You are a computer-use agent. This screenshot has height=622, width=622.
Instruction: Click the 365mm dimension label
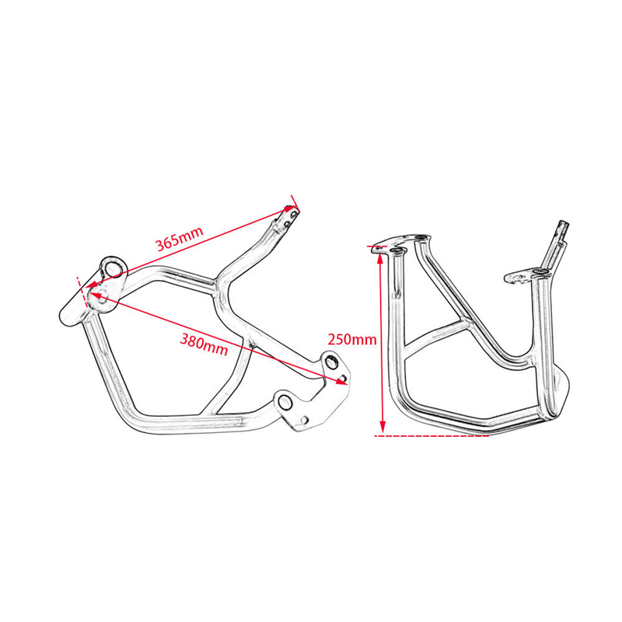(180, 239)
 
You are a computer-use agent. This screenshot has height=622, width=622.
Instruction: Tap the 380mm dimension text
(204, 344)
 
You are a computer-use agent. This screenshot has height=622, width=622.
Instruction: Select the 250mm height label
(352, 340)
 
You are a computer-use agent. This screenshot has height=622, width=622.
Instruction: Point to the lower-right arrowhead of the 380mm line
(341, 381)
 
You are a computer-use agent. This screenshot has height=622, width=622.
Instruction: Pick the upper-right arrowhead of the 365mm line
(290, 208)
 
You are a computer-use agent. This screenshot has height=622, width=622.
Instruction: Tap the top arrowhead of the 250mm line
(380, 258)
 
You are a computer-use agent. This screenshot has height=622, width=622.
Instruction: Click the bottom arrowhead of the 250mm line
(383, 428)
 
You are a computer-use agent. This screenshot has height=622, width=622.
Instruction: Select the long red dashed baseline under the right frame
(432, 436)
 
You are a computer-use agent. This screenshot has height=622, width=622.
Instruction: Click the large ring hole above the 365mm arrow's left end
(114, 267)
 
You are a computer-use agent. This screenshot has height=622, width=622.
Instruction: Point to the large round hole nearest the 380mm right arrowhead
(330, 362)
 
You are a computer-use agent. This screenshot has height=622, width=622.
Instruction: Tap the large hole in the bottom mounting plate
(284, 403)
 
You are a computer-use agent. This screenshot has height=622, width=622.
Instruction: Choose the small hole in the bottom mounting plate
(304, 419)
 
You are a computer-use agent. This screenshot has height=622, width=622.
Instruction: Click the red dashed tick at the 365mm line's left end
(82, 292)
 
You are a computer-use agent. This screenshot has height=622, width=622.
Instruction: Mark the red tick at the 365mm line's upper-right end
(295, 204)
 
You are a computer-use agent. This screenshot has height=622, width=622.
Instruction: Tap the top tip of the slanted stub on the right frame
(564, 222)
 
